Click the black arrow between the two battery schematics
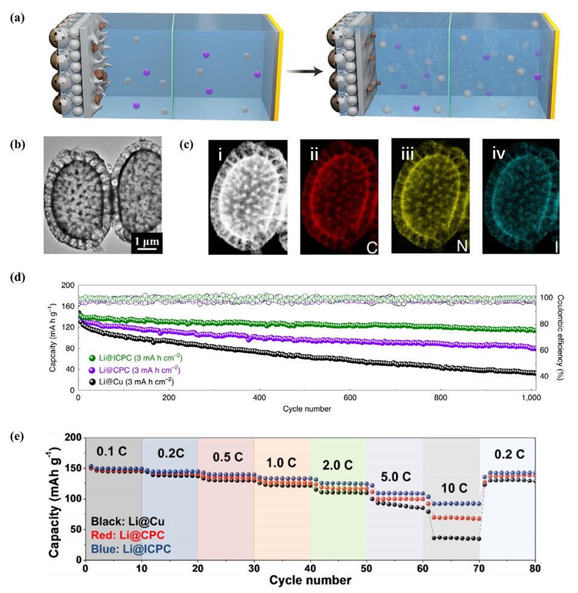(x=304, y=70)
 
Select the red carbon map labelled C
(x=339, y=196)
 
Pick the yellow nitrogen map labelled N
(x=430, y=196)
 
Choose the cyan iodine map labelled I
(x=521, y=196)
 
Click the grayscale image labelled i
(x=247, y=196)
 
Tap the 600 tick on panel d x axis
(x=350, y=398)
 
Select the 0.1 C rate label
(x=113, y=450)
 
